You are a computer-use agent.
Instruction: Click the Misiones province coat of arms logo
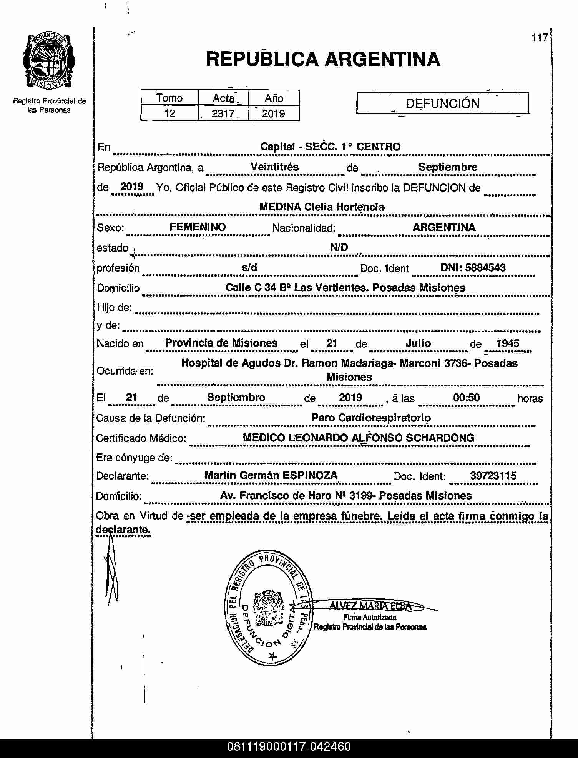pyautogui.click(x=49, y=61)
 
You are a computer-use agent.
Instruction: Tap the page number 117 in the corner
pyautogui.click(x=539, y=38)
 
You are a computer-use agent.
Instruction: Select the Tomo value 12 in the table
pyautogui.click(x=169, y=113)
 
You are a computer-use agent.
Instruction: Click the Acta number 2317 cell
pyautogui.click(x=223, y=113)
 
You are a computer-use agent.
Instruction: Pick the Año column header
pyautogui.click(x=274, y=98)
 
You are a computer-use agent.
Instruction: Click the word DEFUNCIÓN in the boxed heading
pyautogui.click(x=442, y=103)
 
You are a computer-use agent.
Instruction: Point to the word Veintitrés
pyautogui.click(x=274, y=167)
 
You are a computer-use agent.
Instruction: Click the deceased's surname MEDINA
pyautogui.click(x=280, y=207)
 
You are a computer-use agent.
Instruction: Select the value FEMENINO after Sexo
pyautogui.click(x=198, y=227)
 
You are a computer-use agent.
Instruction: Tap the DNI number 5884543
pyautogui.click(x=485, y=268)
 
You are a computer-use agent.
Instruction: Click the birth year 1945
pyautogui.click(x=507, y=343)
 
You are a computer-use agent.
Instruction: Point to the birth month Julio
pyautogui.click(x=418, y=343)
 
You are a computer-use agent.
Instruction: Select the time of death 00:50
pyautogui.click(x=466, y=398)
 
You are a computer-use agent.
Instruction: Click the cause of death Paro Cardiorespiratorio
pyautogui.click(x=371, y=418)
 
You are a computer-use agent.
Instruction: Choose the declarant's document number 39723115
pyautogui.click(x=493, y=476)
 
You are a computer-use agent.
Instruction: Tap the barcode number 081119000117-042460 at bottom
pyautogui.click(x=289, y=746)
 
